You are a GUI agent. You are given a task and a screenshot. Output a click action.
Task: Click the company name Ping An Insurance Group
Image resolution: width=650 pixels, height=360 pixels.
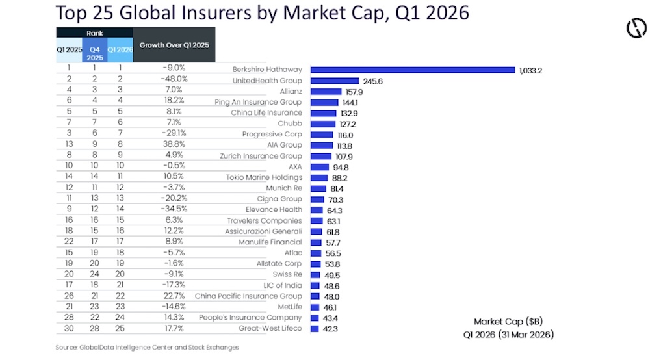258,102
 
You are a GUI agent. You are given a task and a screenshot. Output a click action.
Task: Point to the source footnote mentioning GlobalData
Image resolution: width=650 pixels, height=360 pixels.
147,348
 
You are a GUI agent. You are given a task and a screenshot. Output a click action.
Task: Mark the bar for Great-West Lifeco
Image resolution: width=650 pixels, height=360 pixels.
315,328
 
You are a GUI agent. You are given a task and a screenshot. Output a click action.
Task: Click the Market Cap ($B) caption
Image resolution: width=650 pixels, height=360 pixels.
499,322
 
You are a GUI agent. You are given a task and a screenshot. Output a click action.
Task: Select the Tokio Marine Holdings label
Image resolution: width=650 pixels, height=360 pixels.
264,177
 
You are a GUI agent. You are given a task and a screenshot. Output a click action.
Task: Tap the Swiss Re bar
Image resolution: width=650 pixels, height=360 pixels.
316,274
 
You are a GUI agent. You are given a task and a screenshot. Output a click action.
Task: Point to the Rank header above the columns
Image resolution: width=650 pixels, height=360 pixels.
94,32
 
